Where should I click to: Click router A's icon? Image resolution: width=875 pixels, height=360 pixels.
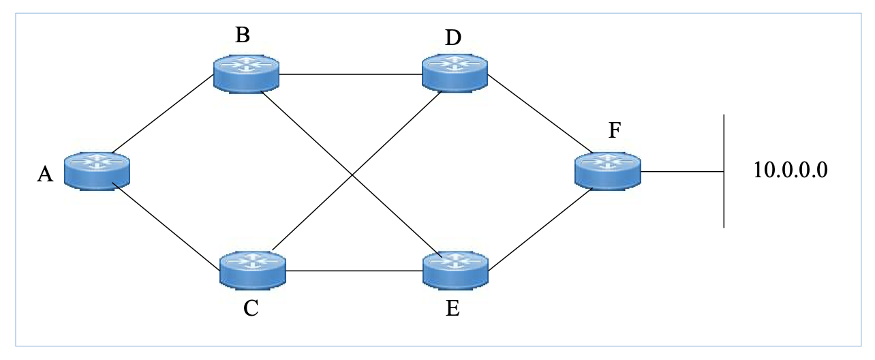97,170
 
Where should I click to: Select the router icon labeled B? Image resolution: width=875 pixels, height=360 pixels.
246,73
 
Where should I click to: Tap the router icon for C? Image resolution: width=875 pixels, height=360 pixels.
252,269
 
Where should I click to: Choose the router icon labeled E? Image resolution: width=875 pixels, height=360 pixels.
455,269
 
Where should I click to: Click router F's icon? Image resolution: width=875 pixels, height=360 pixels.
607,170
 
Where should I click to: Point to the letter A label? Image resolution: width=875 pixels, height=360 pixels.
45,175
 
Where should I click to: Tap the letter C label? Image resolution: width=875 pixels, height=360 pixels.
251,309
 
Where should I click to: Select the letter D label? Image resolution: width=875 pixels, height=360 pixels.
453,38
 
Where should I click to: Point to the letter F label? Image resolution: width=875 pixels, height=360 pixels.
615,131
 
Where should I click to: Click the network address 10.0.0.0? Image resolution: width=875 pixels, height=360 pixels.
790,170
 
